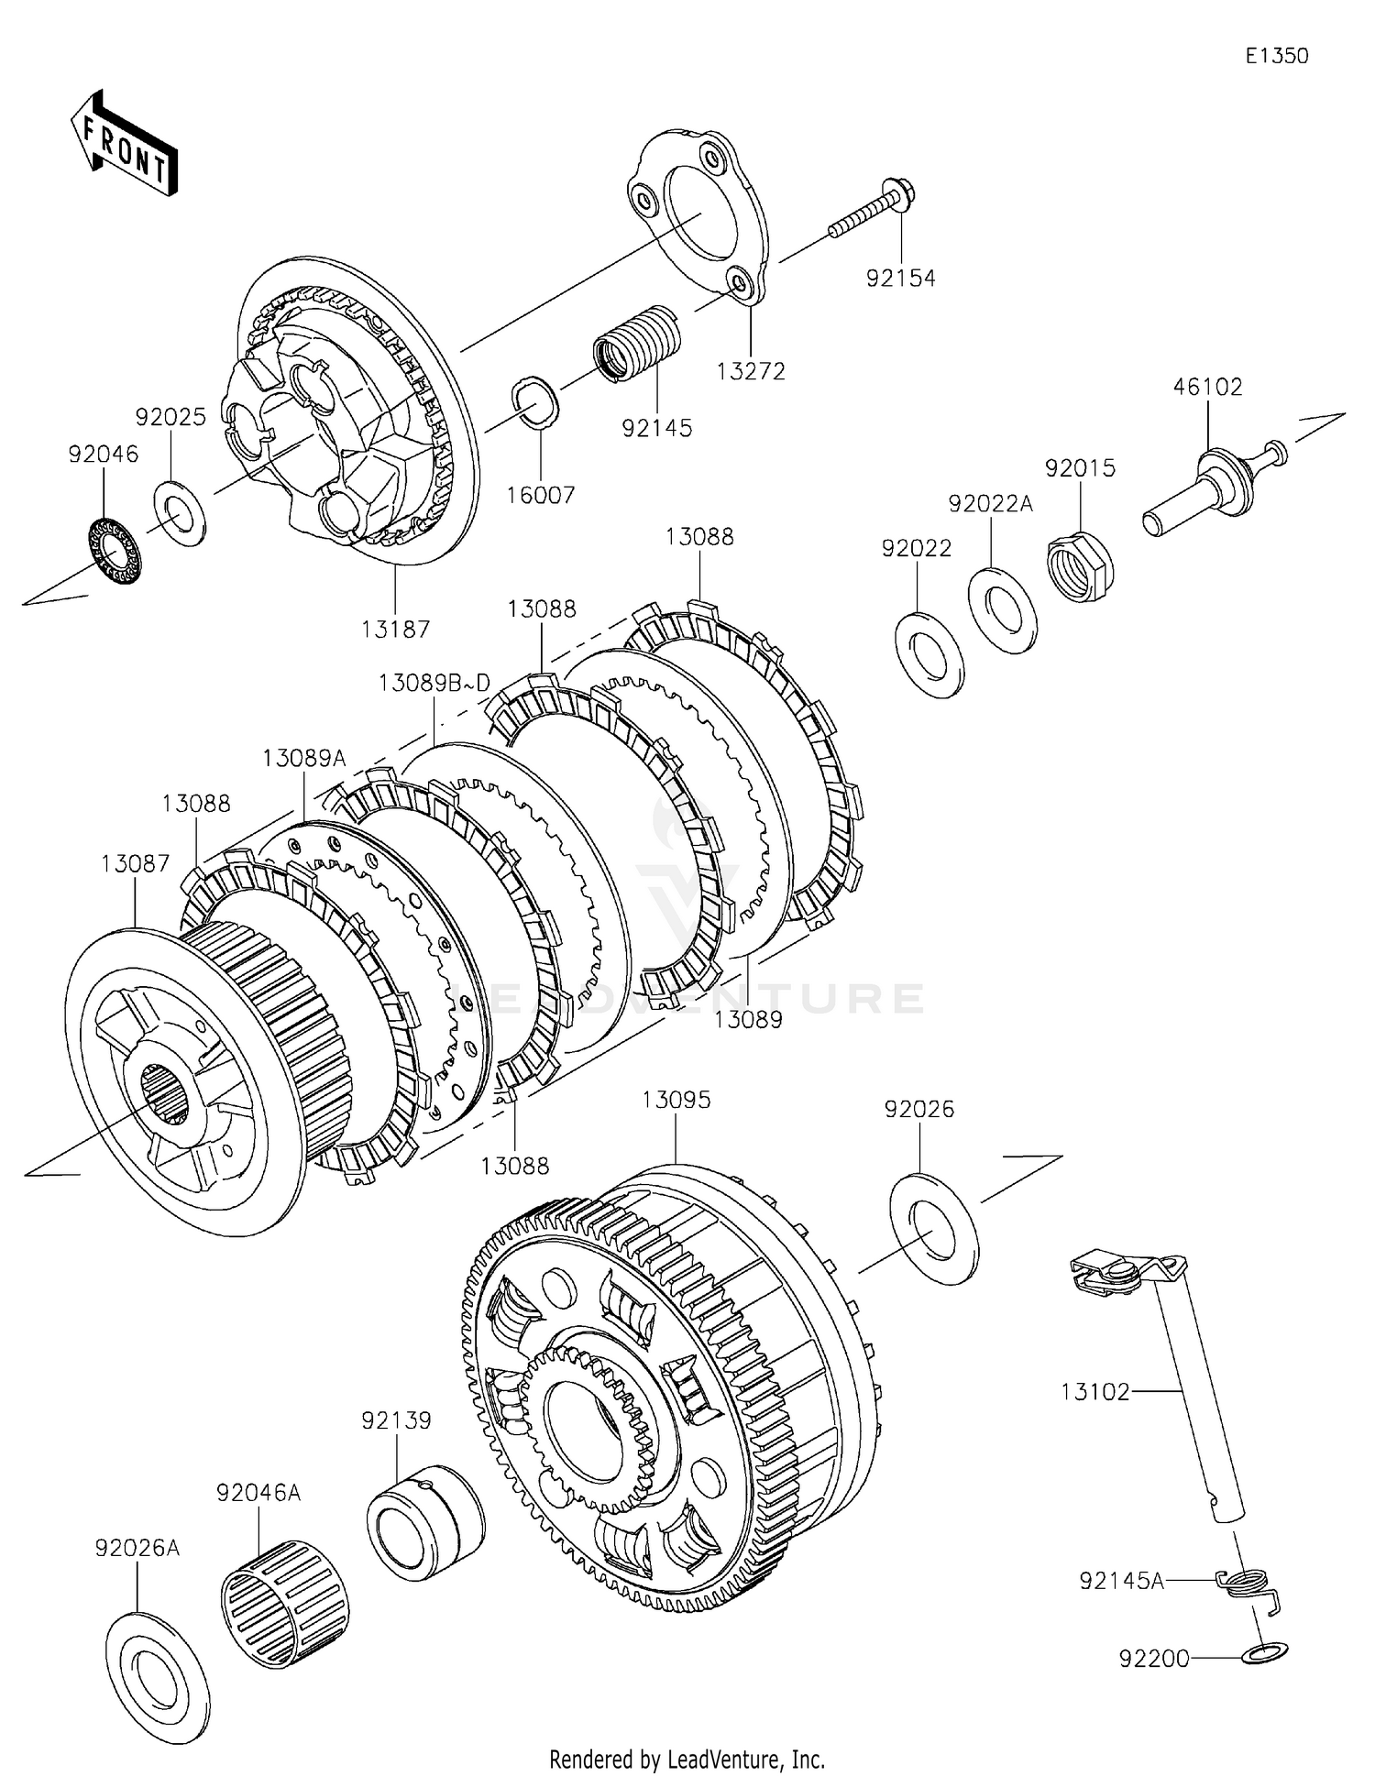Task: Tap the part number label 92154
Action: click(901, 278)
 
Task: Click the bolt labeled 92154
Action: click(874, 210)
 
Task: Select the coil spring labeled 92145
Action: click(638, 341)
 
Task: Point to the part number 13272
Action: click(751, 371)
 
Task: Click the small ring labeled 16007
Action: click(534, 401)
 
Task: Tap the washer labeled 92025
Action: click(179, 511)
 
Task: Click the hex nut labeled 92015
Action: click(1080, 566)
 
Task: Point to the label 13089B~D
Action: click(434, 683)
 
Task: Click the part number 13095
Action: click(676, 1100)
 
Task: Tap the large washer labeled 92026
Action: click(934, 1229)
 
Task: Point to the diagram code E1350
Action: click(1277, 56)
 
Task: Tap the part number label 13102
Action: click(1095, 1391)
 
